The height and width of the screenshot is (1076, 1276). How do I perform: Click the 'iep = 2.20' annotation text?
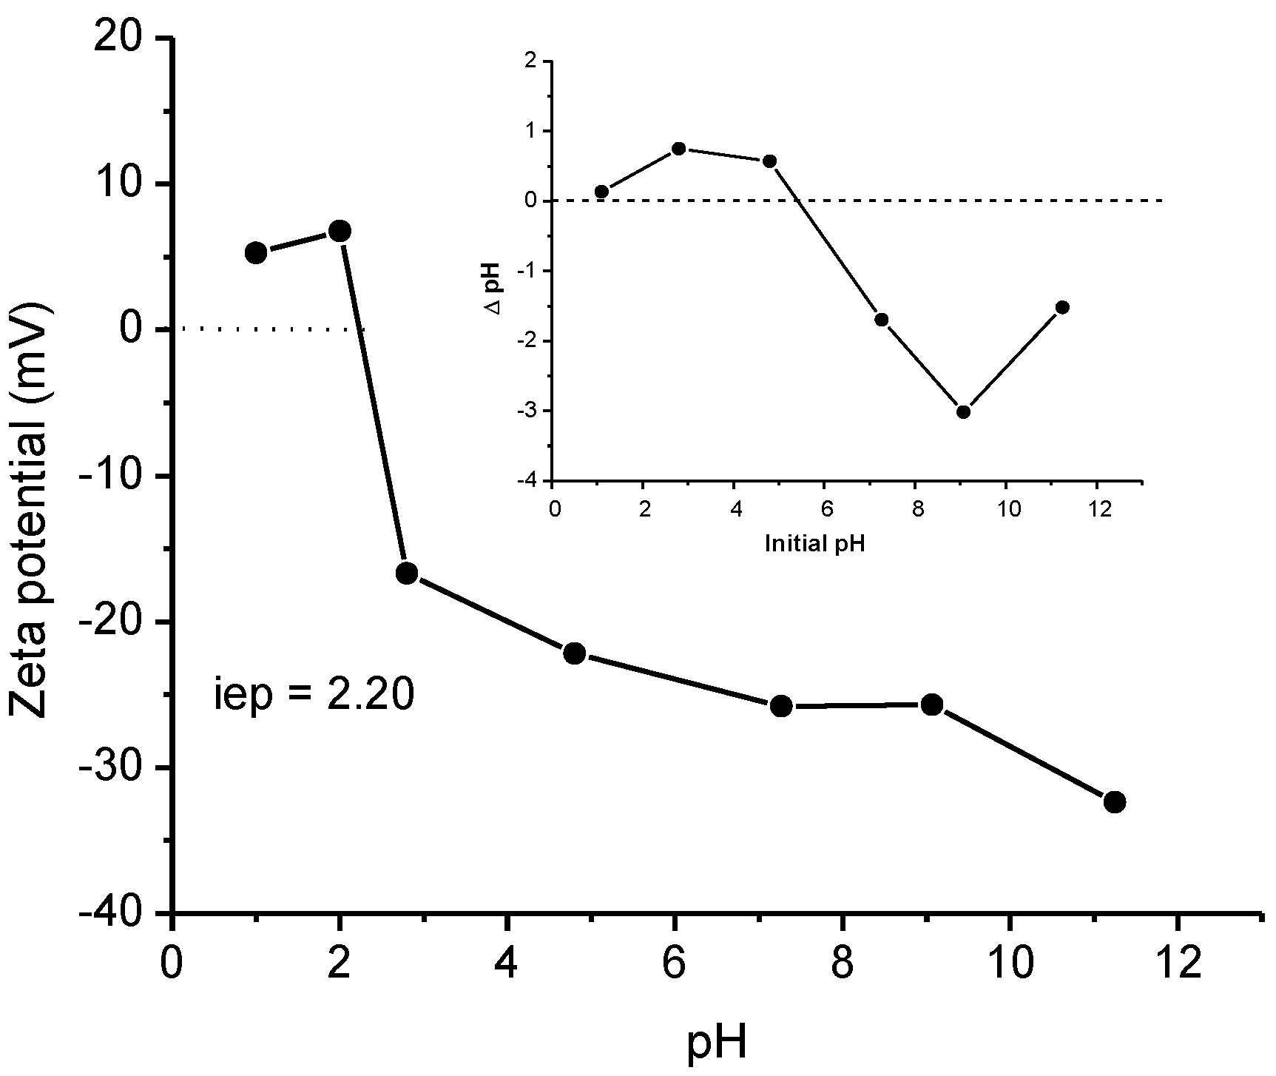pyautogui.click(x=313, y=696)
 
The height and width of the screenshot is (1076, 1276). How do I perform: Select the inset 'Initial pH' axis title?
pyautogui.click(x=815, y=544)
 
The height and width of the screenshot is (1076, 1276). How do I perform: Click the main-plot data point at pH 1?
pyautogui.click(x=256, y=252)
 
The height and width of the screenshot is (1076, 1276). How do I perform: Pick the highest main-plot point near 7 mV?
pyautogui.click(x=340, y=231)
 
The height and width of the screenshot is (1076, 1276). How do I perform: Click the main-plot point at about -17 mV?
pyautogui.click(x=407, y=573)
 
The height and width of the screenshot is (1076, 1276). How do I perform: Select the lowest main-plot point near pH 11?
pyautogui.click(x=1115, y=802)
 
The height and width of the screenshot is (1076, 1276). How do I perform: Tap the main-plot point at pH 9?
pyautogui.click(x=932, y=705)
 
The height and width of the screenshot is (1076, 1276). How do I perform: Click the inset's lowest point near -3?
pyautogui.click(x=963, y=412)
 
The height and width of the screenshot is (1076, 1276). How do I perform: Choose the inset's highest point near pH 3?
pyautogui.click(x=679, y=148)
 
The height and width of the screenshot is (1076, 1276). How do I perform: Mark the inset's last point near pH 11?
pyautogui.click(x=1063, y=307)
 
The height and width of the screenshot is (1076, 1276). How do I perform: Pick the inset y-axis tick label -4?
pyautogui.click(x=530, y=481)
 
